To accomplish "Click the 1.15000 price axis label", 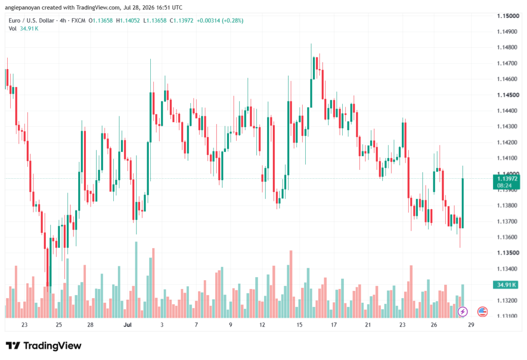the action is click(508, 16).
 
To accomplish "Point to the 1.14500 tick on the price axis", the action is click(508, 95).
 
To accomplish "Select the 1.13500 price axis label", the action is click(508, 253).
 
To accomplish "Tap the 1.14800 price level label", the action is click(507, 47).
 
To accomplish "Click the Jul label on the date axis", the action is click(128, 324).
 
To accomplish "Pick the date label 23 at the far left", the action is click(24, 324).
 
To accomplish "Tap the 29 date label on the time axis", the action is click(471, 324).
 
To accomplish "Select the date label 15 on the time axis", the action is click(299, 324).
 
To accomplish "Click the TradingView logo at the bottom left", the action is click(43, 346).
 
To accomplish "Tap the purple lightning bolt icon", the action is click(463, 312).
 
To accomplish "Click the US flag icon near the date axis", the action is click(482, 312).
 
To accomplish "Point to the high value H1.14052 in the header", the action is click(128, 21).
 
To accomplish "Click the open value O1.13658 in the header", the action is click(100, 21).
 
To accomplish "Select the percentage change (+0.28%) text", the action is click(232, 21).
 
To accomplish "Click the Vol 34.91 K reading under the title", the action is click(24, 29).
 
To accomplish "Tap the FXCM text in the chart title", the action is click(78, 21).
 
